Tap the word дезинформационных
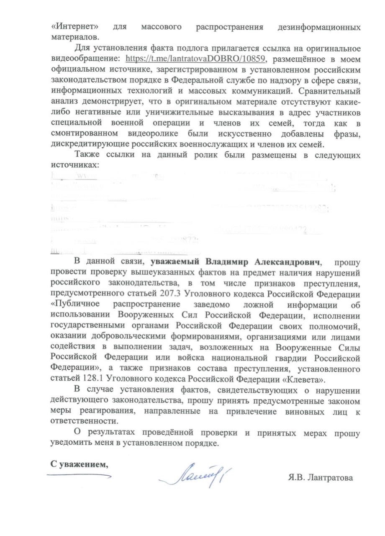319,27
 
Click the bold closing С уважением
79,464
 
